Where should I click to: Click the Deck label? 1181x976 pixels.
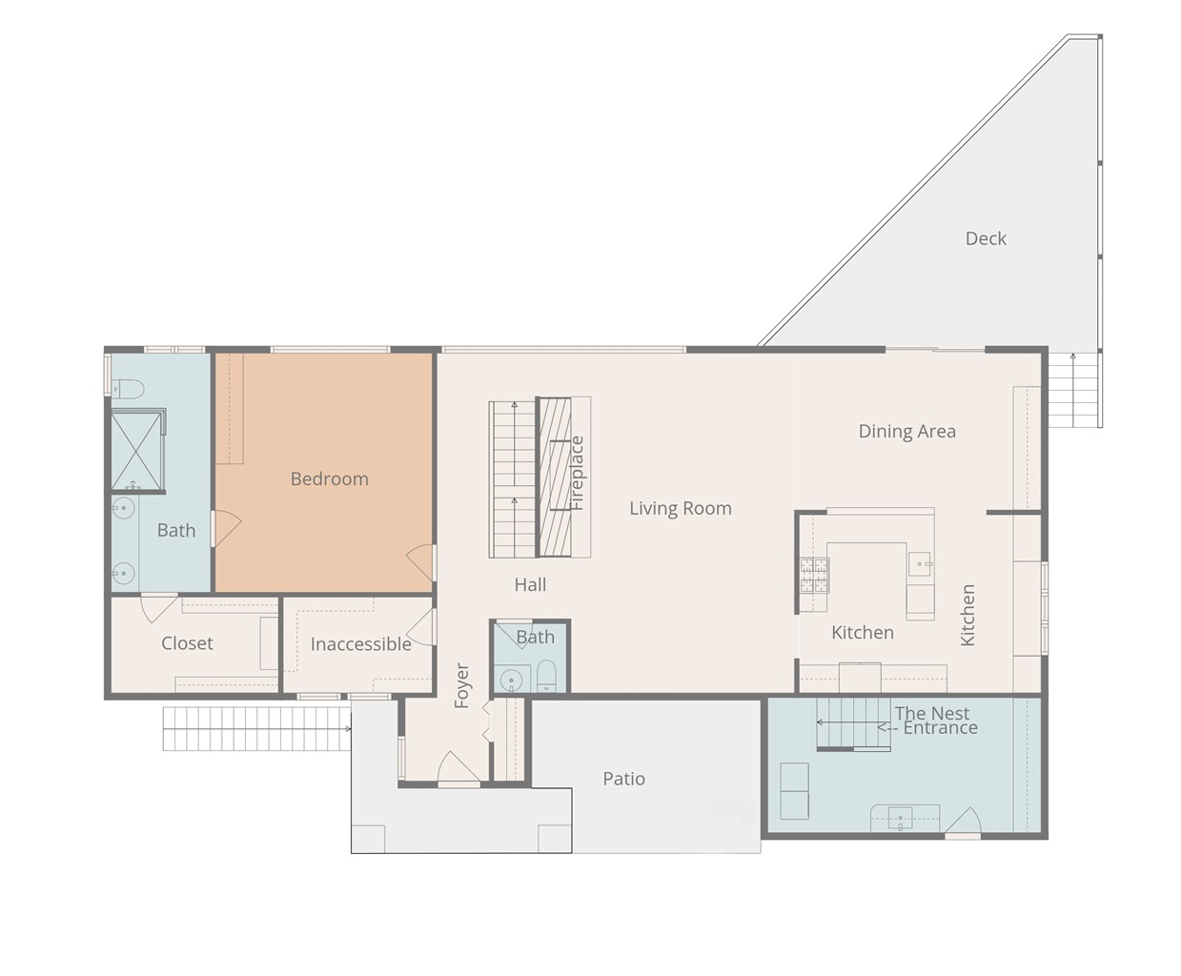986,238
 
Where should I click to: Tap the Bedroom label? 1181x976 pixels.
329,479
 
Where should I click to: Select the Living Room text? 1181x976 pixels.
681,508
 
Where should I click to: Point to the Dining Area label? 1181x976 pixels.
907,432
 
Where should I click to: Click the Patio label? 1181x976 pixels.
624,780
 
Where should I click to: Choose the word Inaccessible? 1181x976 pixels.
361,644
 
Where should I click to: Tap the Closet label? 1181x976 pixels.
187,643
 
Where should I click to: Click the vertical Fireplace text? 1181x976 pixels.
577,473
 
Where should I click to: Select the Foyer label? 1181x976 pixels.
462,685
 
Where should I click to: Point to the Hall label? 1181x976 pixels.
530,584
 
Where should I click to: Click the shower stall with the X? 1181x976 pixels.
136,451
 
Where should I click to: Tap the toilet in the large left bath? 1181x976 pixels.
128,389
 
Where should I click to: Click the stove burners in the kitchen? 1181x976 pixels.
814,575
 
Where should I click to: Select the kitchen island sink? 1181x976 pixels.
920,563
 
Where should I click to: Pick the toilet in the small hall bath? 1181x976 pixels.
546,675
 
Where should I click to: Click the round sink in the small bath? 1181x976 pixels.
511,680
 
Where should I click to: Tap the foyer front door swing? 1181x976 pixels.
458,768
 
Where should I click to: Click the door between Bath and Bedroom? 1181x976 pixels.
226,528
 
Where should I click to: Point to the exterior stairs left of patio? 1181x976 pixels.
256,729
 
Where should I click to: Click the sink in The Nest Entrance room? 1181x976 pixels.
901,818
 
